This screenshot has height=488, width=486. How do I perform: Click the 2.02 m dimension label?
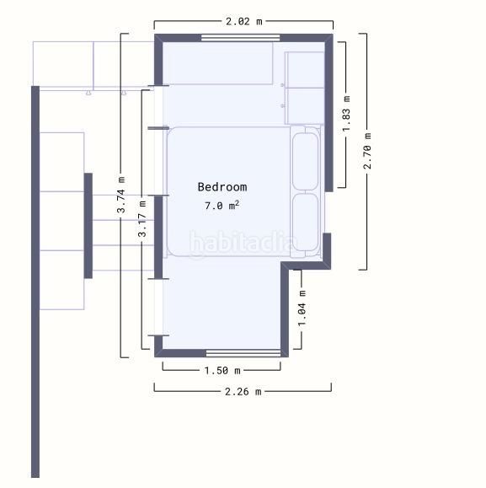(243, 21)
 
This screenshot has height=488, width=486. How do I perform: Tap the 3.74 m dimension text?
(121, 195)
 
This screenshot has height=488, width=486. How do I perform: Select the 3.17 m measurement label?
(142, 219)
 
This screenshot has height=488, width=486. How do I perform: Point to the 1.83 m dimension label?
(346, 114)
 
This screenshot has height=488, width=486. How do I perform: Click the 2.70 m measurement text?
(367, 151)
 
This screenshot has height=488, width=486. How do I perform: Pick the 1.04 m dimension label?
(302, 308)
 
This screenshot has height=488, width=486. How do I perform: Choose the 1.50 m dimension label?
(222, 370)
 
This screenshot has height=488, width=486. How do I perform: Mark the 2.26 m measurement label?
(243, 392)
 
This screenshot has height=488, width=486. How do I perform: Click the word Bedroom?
(222, 187)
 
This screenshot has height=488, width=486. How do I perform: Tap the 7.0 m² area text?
(222, 206)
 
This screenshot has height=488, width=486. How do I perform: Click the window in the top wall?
(240, 38)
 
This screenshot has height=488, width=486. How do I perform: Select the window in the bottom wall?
(243, 353)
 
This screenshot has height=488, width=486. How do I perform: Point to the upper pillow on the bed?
(306, 161)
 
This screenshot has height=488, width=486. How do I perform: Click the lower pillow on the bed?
(306, 223)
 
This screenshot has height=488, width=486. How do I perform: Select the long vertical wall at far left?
(35, 282)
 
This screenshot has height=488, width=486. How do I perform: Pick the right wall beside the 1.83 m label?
(329, 113)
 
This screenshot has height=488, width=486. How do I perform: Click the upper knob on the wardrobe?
(282, 85)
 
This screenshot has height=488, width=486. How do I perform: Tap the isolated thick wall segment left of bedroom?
(88, 226)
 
